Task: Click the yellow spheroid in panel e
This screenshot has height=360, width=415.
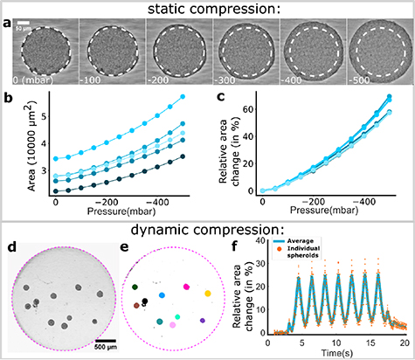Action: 208,294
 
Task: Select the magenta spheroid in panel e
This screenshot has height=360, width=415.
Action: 186,286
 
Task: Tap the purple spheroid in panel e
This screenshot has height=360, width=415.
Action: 203,321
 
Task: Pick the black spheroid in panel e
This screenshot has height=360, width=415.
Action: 145,301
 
